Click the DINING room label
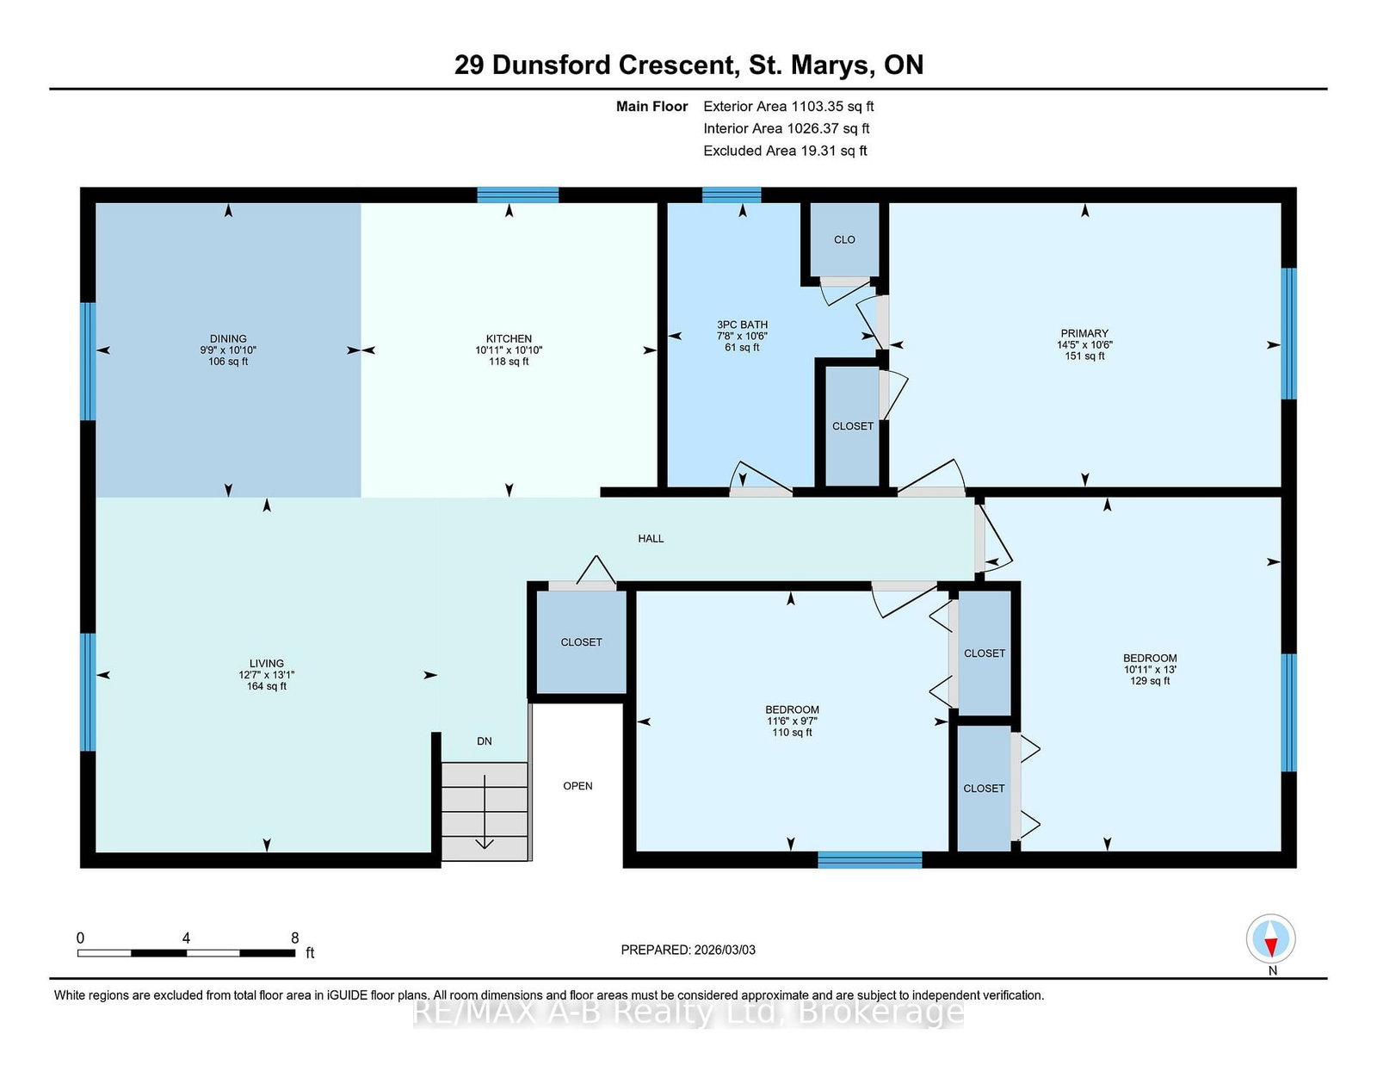pyautogui.click(x=228, y=338)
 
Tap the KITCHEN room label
pyautogui.click(x=509, y=338)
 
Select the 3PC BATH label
pyautogui.click(x=742, y=325)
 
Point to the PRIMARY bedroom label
pyautogui.click(x=1084, y=333)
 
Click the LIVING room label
pyautogui.click(x=267, y=664)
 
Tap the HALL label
pyautogui.click(x=651, y=539)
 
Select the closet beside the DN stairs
pyautogui.click(x=581, y=642)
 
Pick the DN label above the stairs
pyautogui.click(x=485, y=741)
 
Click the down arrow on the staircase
pyautogui.click(x=485, y=811)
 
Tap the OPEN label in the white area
pyautogui.click(x=578, y=786)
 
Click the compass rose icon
pyautogui.click(x=1270, y=938)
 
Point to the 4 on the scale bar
pyautogui.click(x=186, y=938)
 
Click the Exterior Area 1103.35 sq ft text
pyautogui.click(x=788, y=107)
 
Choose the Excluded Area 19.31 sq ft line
pyautogui.click(x=785, y=151)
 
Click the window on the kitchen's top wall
pyautogui.click(x=518, y=195)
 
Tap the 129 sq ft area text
pyautogui.click(x=1150, y=681)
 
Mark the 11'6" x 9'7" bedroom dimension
pyautogui.click(x=792, y=721)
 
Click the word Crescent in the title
pyautogui.click(x=676, y=65)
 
